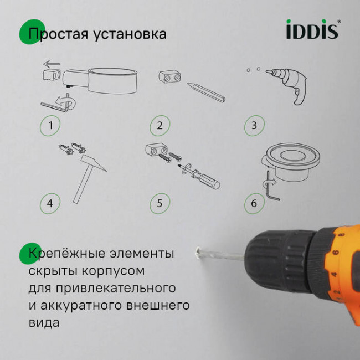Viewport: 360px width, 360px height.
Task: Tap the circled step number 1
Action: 50,125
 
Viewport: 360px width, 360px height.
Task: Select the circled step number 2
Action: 160,125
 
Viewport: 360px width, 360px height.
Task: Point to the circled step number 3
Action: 254,125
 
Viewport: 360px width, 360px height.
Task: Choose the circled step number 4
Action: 50,203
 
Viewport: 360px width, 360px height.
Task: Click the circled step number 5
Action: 160,203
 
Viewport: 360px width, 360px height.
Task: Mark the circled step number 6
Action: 254,203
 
